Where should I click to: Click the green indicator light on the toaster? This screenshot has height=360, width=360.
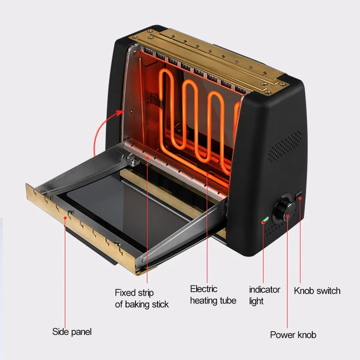pyautogui.click(x=265, y=220)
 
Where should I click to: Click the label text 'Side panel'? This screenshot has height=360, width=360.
pyautogui.click(x=72, y=332)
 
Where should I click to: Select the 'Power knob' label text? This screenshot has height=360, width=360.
pyautogui.click(x=293, y=335)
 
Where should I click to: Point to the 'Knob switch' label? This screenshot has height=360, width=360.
pyautogui.click(x=317, y=291)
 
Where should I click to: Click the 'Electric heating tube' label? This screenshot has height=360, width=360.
pyautogui.click(x=213, y=295)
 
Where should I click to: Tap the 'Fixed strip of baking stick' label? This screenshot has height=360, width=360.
pyautogui.click(x=142, y=298)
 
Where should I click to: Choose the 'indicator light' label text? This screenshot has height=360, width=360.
pyautogui.click(x=265, y=295)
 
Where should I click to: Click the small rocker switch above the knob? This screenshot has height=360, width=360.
pyautogui.click(x=299, y=194)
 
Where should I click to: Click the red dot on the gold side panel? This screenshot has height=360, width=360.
pyautogui.click(x=66, y=217)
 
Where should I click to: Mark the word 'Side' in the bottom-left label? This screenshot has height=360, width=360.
pyautogui.click(x=61, y=332)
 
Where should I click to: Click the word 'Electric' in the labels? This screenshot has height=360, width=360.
pyautogui.click(x=203, y=289)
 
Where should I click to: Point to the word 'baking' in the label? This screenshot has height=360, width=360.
pyautogui.click(x=138, y=304)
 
